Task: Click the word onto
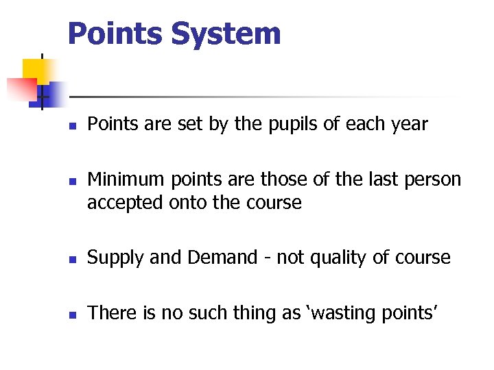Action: coord(187,203)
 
